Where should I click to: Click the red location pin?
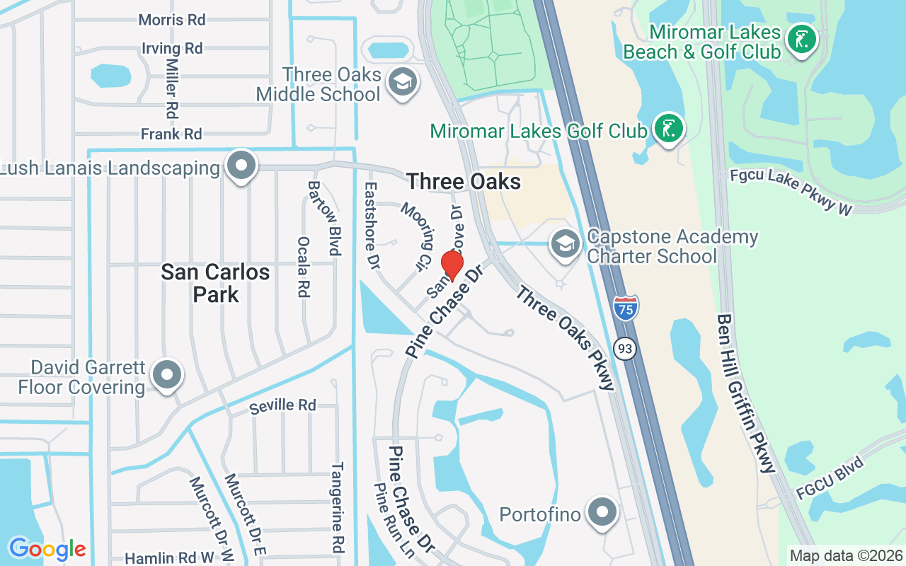click(x=452, y=265)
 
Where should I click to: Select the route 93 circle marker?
click(x=625, y=348)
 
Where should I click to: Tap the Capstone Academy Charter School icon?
click(x=565, y=244)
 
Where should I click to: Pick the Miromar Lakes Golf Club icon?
click(x=668, y=129)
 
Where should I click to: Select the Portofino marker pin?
click(x=602, y=512)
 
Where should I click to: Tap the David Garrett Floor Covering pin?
click(x=167, y=375)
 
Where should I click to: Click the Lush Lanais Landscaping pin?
click(x=241, y=166)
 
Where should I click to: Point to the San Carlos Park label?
click(x=215, y=282)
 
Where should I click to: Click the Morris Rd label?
click(x=172, y=20)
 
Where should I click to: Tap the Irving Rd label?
click(x=172, y=48)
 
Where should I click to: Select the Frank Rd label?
click(x=171, y=134)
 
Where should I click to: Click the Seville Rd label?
click(x=282, y=405)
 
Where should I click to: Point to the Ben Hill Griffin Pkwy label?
click(x=747, y=393)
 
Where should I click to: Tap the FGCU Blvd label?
click(x=830, y=479)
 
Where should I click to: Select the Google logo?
click(x=47, y=549)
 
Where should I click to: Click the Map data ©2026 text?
click(x=846, y=555)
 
